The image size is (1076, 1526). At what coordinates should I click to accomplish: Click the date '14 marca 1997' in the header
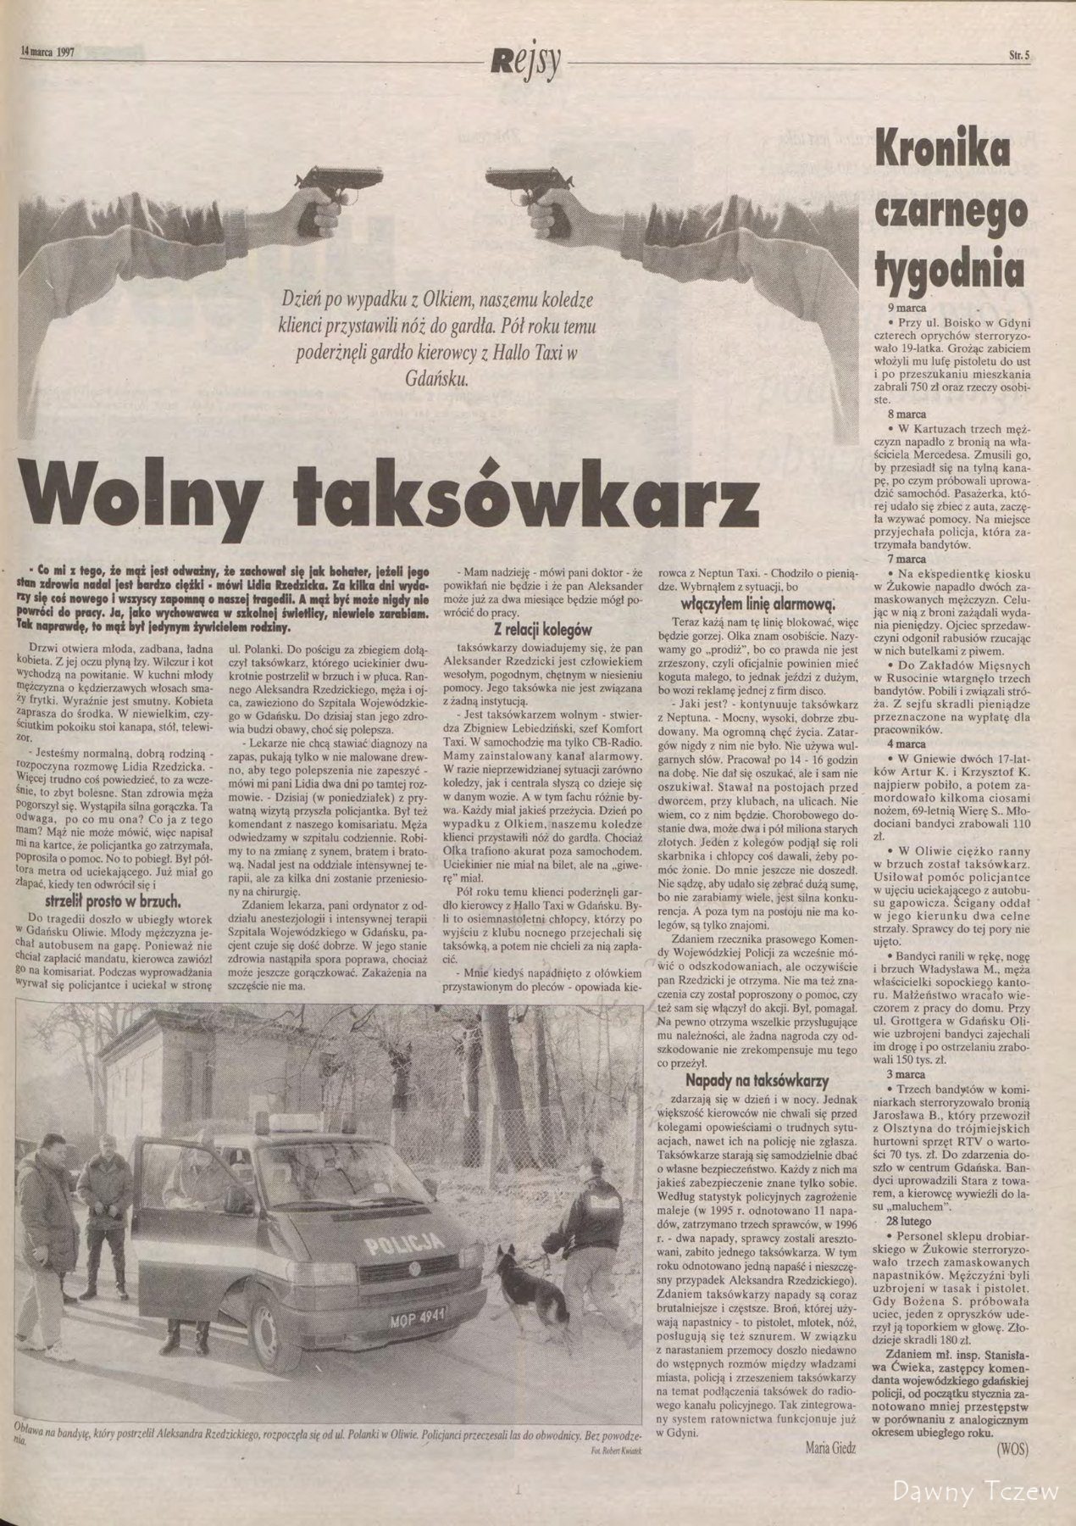point(48,51)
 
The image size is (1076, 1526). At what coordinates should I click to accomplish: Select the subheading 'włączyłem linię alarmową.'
point(759,603)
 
